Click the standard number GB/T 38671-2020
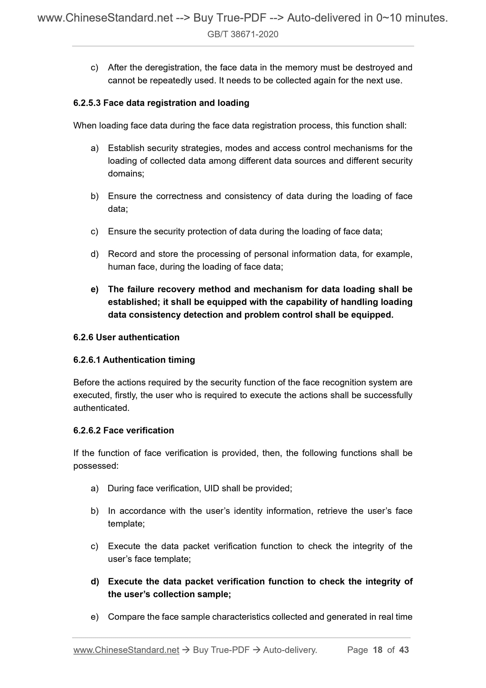243,34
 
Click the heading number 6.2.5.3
87,103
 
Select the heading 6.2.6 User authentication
126,337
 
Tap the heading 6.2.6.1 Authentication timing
134,360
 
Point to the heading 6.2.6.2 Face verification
123,430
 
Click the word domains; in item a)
126,173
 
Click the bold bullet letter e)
94,289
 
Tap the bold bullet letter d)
94,582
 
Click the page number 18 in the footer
378,650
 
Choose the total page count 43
404,650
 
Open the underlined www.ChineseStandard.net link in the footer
126,650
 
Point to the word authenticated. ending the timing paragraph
101,408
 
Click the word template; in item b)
126,524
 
